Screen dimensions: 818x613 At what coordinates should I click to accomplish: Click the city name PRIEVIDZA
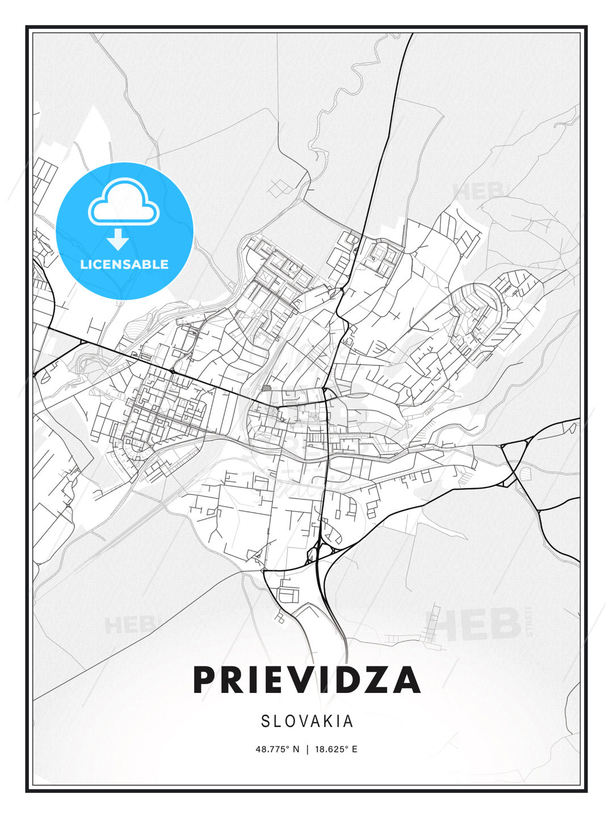click(306, 680)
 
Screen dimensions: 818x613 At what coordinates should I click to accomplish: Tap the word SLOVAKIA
click(307, 721)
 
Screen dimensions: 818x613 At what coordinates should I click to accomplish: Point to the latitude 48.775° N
click(277, 749)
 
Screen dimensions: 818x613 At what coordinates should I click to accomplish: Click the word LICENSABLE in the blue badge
click(124, 264)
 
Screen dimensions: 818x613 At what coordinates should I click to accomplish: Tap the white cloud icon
click(123, 202)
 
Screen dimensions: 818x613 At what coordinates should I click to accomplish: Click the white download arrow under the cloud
click(118, 240)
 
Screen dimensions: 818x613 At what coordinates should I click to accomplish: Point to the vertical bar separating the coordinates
click(307, 749)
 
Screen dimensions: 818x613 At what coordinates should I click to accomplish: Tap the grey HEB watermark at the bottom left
click(123, 625)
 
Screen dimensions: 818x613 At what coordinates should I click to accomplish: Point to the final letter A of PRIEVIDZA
click(404, 680)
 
